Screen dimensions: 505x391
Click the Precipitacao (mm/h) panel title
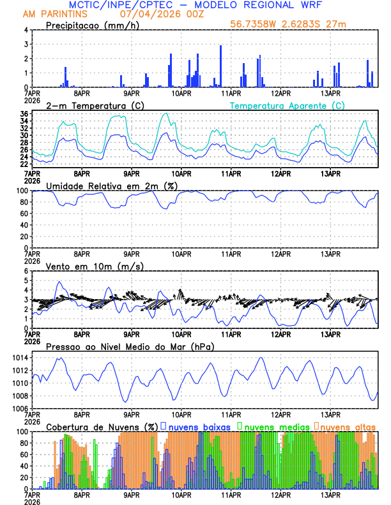(x=92, y=25)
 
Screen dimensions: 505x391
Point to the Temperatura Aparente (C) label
(x=287, y=105)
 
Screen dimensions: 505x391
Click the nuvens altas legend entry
(x=347, y=426)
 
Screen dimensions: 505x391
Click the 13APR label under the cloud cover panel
(x=330, y=495)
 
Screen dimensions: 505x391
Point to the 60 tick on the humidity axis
(x=23, y=214)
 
